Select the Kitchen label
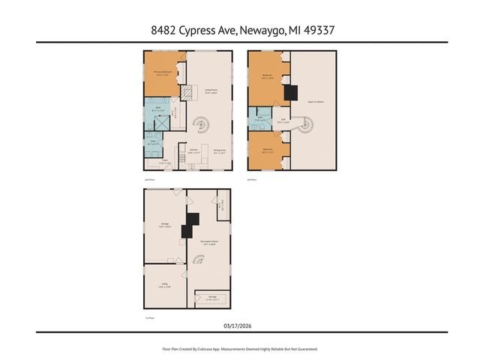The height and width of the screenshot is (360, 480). (x=193, y=150)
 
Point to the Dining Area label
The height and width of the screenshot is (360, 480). (x=220, y=150)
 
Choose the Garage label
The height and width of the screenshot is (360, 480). (x=164, y=224)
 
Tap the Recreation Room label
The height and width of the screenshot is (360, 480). (x=208, y=242)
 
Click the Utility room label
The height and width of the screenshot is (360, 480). (x=163, y=285)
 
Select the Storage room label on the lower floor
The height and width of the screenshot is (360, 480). (x=213, y=298)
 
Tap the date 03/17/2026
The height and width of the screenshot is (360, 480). (x=239, y=325)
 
